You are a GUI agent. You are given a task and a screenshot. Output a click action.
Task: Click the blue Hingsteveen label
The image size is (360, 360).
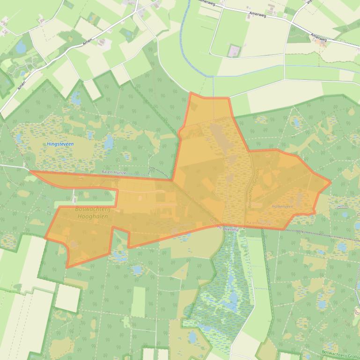click(x=60, y=144)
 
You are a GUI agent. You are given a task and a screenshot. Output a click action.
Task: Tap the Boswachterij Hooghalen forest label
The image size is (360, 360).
click(x=92, y=213)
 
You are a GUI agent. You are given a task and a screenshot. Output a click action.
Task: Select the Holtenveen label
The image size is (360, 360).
click(x=282, y=206)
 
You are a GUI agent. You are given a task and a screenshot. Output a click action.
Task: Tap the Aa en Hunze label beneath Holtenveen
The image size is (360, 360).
click(x=258, y=223)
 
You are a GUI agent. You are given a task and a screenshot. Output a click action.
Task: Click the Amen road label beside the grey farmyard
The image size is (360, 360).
click(x=88, y=42)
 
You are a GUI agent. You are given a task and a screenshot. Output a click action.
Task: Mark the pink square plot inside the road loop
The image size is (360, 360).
click(x=233, y=50)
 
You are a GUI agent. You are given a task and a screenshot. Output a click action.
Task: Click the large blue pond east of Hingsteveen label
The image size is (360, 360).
click(x=108, y=142)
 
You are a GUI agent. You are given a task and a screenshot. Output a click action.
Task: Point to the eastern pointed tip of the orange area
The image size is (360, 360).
click(x=331, y=181)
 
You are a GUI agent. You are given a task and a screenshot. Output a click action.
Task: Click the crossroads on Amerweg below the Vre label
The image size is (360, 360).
click(x=293, y=21)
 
